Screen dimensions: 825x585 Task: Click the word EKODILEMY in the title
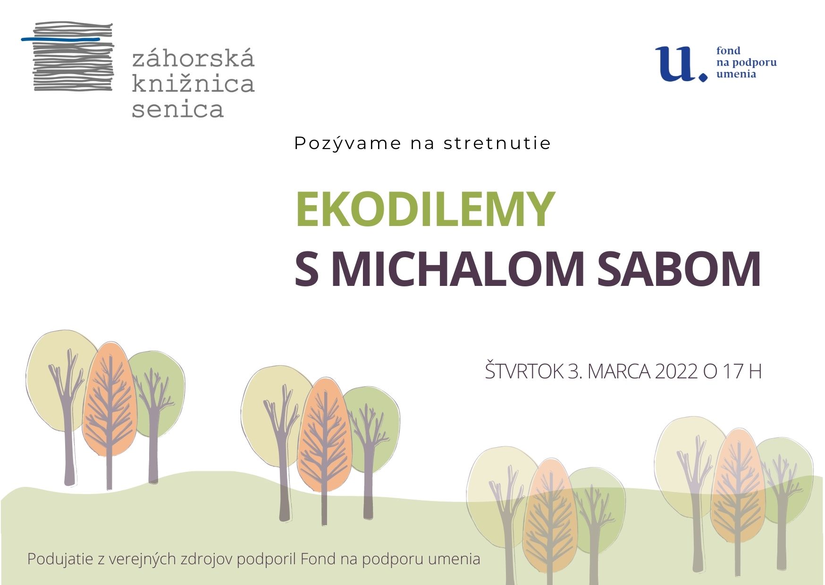click(x=425, y=209)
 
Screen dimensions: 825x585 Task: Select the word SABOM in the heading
click(x=679, y=269)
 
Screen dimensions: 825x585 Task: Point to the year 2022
click(x=676, y=372)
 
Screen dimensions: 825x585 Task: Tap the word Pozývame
click(x=347, y=143)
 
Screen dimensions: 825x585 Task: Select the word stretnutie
click(x=497, y=143)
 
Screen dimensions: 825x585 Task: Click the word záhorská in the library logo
click(x=193, y=58)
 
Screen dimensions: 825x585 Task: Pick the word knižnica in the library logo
click(x=193, y=83)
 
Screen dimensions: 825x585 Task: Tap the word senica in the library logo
click(x=177, y=109)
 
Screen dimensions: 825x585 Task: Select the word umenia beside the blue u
click(x=736, y=74)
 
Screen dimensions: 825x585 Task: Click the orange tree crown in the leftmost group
click(x=110, y=399)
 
